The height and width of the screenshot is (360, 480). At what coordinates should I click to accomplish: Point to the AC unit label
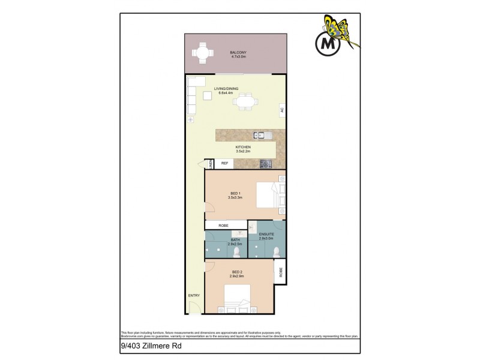point(281,110)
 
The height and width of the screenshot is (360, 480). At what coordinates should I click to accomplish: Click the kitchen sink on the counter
point(263,134)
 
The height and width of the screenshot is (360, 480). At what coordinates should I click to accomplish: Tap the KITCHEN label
point(242,148)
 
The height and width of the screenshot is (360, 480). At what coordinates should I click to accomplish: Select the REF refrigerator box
point(225,163)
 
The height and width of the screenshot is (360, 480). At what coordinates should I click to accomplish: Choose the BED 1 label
point(233,193)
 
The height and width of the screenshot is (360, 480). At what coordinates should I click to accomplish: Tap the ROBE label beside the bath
point(223,225)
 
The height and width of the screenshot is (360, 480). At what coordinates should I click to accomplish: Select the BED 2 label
point(238,274)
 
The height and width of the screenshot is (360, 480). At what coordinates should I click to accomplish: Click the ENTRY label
point(194,296)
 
